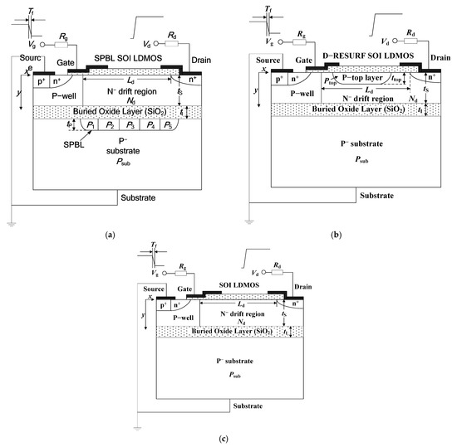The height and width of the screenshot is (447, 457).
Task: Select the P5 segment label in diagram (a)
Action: [170, 125]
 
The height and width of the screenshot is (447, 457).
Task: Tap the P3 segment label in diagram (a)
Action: [130, 125]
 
